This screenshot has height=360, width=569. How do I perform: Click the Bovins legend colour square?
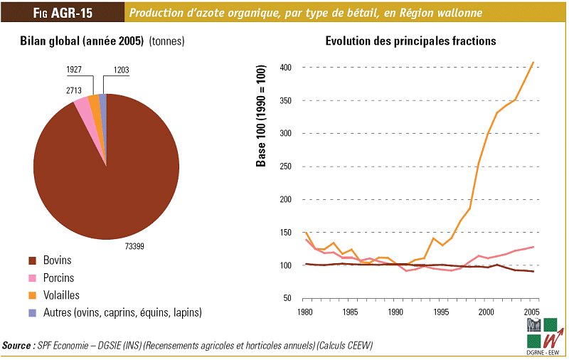click(32, 260)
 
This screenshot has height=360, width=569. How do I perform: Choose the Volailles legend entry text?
click(62, 295)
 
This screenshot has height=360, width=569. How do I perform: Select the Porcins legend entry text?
click(59, 277)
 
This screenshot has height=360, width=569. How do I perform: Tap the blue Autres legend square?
click(32, 312)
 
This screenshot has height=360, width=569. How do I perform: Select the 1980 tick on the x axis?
click(307, 312)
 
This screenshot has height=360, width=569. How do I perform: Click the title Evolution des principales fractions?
click(410, 41)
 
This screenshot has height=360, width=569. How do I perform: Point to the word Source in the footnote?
click(17, 346)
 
